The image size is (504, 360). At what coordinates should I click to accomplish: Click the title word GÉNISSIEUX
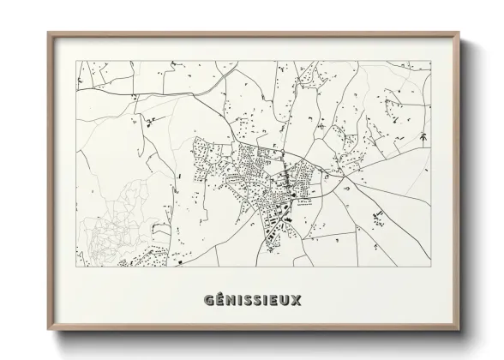pyautogui.click(x=253, y=302)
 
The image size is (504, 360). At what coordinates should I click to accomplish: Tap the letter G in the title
pyautogui.click(x=209, y=302)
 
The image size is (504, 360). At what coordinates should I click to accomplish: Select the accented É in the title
pyautogui.click(x=220, y=302)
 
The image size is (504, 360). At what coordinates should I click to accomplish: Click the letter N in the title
pyautogui.click(x=231, y=302)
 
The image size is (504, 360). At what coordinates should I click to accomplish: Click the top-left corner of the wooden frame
pyautogui.click(x=48, y=33)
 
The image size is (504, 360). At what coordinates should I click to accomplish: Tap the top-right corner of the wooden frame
pyautogui.click(x=460, y=33)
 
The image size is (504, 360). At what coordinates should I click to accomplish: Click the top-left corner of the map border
pyautogui.click(x=77, y=61)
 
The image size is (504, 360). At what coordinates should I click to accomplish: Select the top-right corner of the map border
pyautogui.click(x=431, y=61)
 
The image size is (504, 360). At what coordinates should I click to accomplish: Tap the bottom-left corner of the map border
pyautogui.click(x=77, y=266)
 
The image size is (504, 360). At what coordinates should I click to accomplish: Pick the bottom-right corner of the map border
pyautogui.click(x=431, y=266)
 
